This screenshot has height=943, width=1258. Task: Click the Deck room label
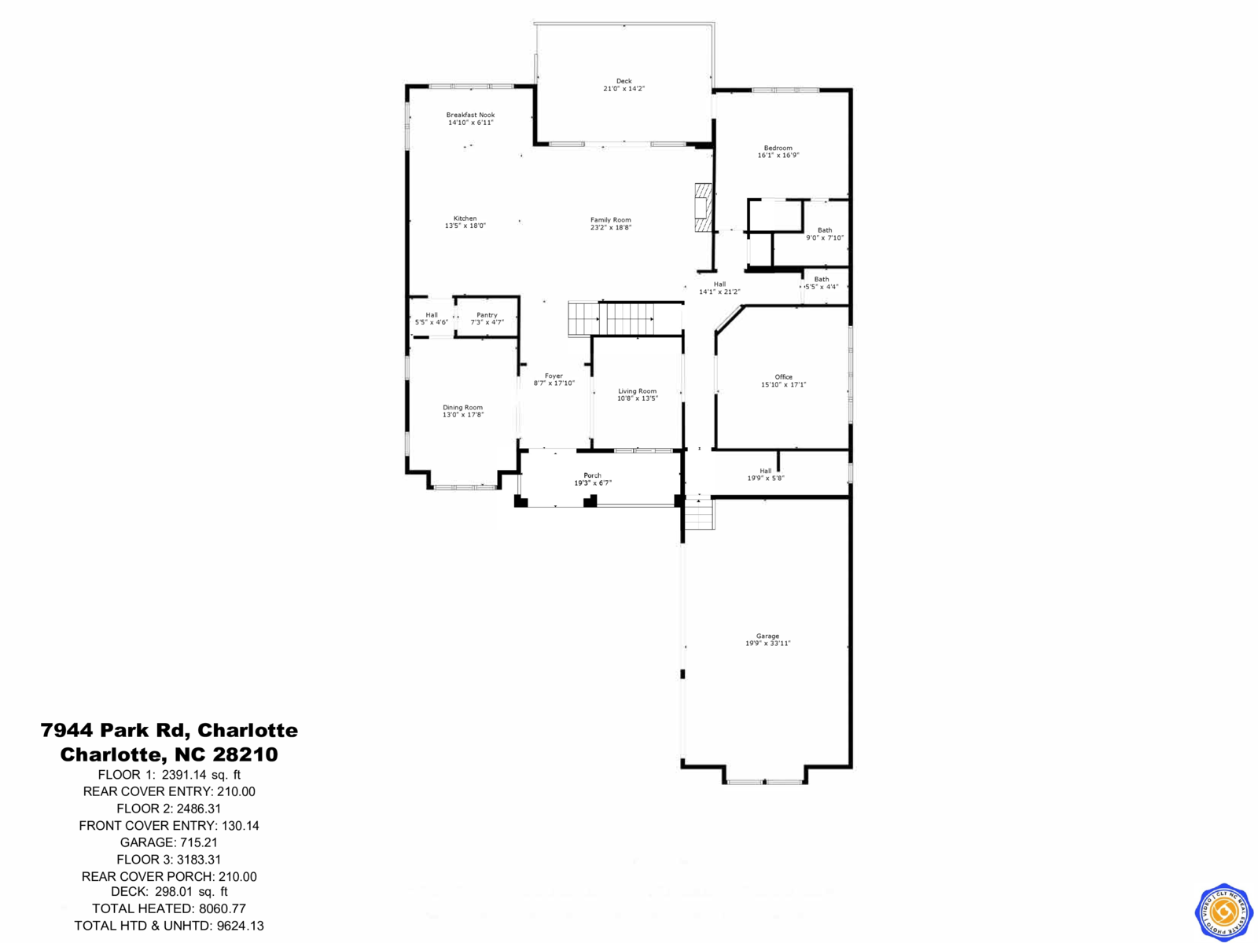pyautogui.click(x=623, y=81)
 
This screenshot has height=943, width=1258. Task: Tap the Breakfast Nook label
pyautogui.click(x=470, y=115)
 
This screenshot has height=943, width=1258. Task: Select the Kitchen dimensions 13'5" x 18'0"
pyautogui.click(x=465, y=226)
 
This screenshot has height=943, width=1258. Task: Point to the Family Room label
pyautogui.click(x=611, y=220)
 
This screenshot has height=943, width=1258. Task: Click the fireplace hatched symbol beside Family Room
pyautogui.click(x=702, y=207)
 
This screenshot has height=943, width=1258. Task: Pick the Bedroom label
pyautogui.click(x=778, y=148)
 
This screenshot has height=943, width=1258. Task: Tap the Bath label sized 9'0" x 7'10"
pyautogui.click(x=824, y=230)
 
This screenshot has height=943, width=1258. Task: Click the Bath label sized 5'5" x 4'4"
pyautogui.click(x=821, y=279)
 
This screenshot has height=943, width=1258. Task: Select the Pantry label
pyautogui.click(x=487, y=315)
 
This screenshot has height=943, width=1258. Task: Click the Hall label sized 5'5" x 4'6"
pyautogui.click(x=432, y=315)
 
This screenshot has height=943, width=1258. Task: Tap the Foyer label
pyautogui.click(x=554, y=376)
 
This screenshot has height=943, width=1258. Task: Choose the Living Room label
pyautogui.click(x=637, y=391)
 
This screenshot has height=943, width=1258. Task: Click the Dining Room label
pyautogui.click(x=462, y=408)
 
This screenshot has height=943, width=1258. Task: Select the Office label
pyautogui.click(x=783, y=377)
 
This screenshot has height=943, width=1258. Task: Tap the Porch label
pyautogui.click(x=592, y=475)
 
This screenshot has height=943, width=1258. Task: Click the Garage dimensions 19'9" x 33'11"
pyautogui.click(x=768, y=644)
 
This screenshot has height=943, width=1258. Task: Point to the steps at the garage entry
pyautogui.click(x=698, y=515)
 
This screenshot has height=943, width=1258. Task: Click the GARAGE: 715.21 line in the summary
pyautogui.click(x=169, y=842)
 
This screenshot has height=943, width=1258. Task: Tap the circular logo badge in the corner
pyautogui.click(x=1223, y=912)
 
